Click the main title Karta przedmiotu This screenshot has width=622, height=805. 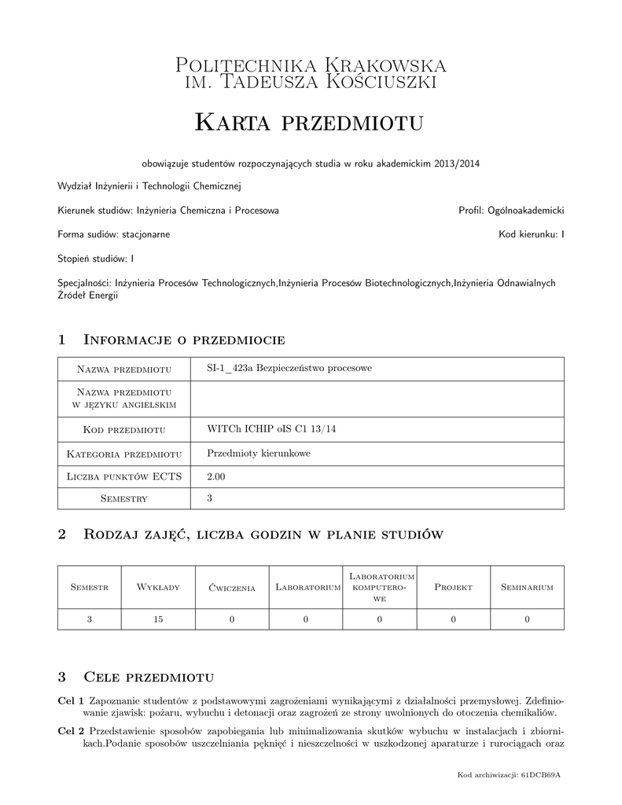coord(309,123)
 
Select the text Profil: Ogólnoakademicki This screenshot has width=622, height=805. coord(511,211)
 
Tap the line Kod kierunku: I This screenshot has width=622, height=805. coord(532,234)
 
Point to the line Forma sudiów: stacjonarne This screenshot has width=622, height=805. coord(114,234)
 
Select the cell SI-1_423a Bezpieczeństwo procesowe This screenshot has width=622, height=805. coord(289,368)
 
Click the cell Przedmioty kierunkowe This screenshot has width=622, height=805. coord(259,453)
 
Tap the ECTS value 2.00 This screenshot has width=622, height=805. coord(216,476)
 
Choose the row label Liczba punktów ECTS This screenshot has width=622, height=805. coord(125,476)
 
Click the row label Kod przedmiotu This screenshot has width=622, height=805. coord(125,429)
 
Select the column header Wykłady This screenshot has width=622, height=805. coord(158,587)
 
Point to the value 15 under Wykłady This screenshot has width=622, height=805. coord(158,619)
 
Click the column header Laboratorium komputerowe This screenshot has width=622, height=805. coord(379,587)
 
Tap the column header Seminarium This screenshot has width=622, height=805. coord(527,587)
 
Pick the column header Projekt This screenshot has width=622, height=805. coord(453,587)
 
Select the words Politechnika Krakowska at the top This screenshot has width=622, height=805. coord(311,64)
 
